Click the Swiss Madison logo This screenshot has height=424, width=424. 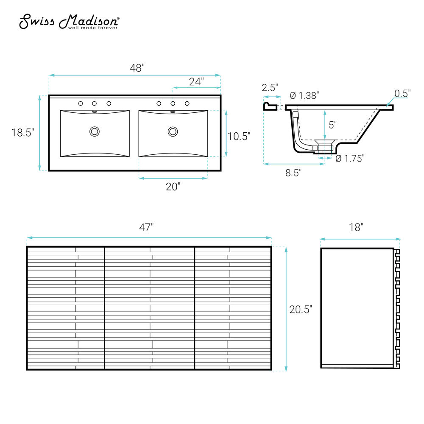(x=69, y=22)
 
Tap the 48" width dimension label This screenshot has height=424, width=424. (x=137, y=68)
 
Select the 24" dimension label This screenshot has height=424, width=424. (x=196, y=81)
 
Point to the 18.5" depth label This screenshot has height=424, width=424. (x=23, y=133)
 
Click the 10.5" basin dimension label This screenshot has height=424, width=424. (x=239, y=136)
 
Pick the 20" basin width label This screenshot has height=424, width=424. (x=173, y=187)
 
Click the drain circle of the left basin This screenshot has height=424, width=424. (x=95, y=131)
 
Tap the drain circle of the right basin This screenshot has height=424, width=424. (x=173, y=132)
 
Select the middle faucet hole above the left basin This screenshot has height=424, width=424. (x=95, y=103)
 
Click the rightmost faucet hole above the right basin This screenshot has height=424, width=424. (x=187, y=103)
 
